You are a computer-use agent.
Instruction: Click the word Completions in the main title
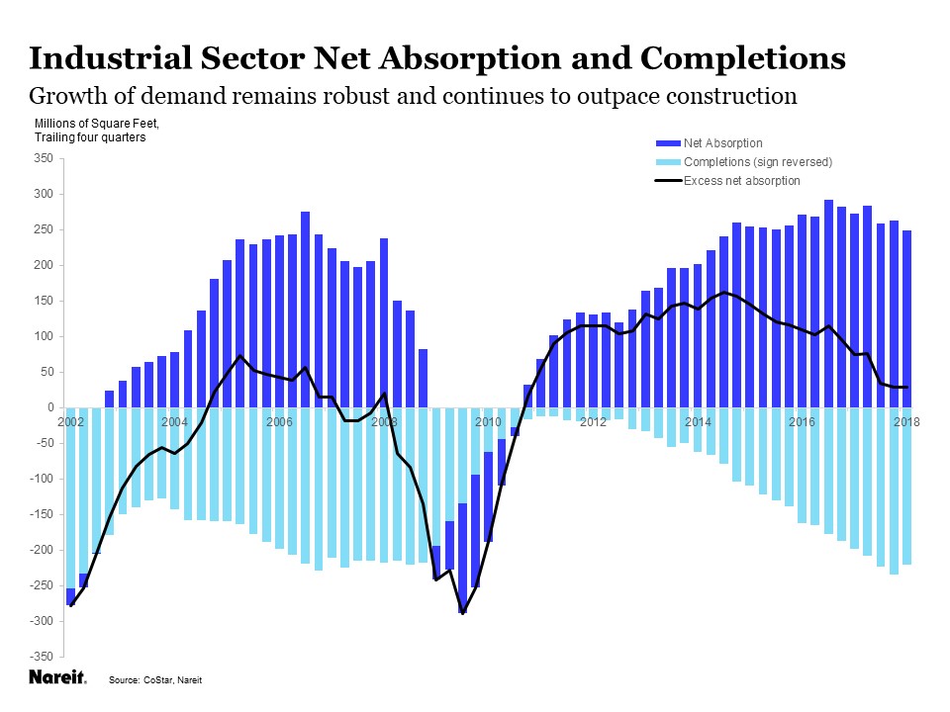tap(743, 58)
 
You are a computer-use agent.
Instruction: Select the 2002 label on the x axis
tap(69, 422)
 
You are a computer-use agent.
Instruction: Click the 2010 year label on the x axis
tap(488, 422)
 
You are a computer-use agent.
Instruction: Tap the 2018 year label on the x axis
tap(906, 422)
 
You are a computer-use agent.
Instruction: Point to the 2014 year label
tap(698, 422)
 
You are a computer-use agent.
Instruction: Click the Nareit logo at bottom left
tap(56, 678)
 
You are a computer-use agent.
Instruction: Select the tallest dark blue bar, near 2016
tap(828, 297)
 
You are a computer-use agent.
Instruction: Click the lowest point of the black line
tap(462, 613)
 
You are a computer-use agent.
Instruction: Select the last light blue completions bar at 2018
tap(906, 485)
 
